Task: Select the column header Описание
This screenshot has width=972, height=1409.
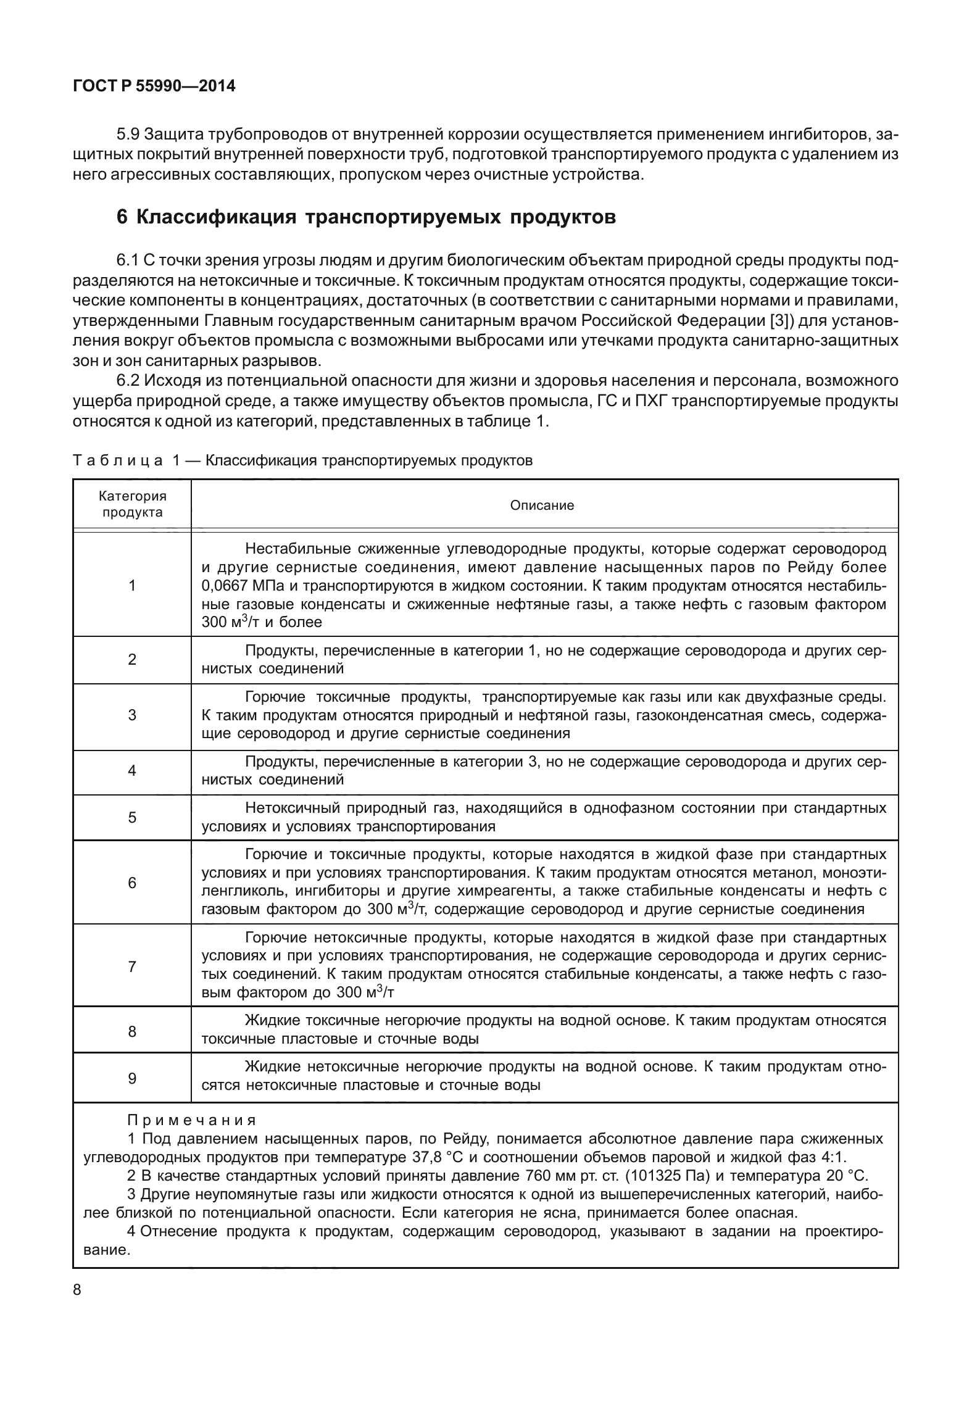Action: [542, 505]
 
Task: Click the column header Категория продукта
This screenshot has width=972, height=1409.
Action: [133, 504]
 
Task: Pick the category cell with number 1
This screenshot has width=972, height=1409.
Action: [131, 585]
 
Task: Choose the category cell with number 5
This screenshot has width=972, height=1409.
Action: [131, 817]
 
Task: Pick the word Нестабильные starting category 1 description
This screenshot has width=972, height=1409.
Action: [296, 549]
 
